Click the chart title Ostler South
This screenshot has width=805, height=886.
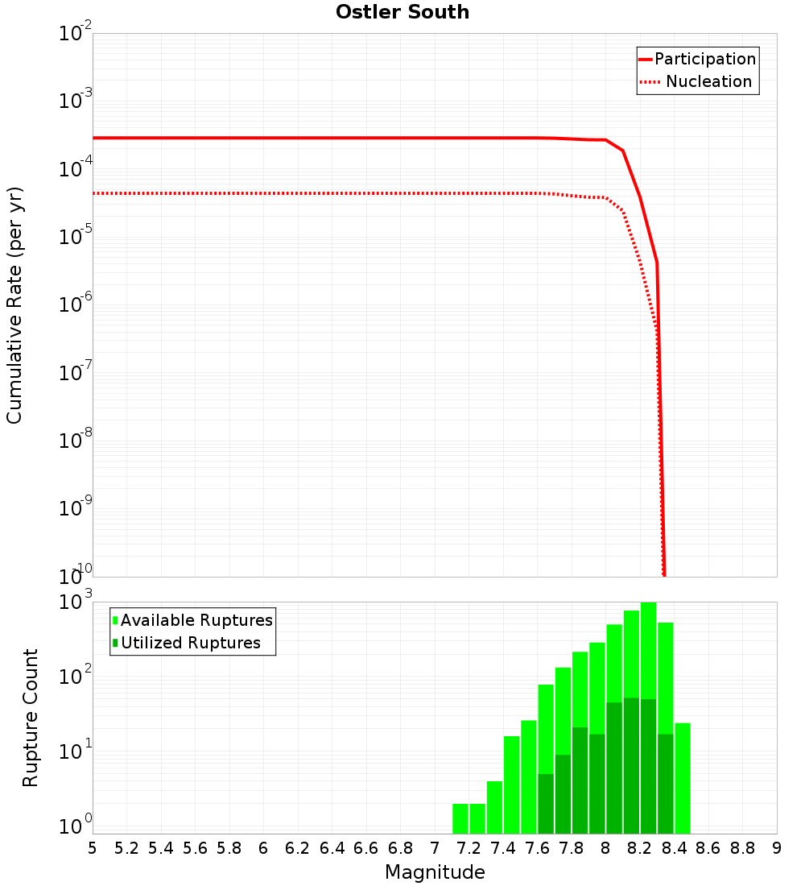tap(402, 12)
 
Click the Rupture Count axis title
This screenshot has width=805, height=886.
tap(31, 717)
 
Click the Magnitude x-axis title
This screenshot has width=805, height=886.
tap(435, 872)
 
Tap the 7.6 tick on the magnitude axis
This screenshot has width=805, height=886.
tap(537, 848)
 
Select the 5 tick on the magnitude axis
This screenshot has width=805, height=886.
tap(93, 848)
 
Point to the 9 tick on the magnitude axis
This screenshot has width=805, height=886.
tap(777, 848)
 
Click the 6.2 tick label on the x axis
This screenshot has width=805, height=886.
tap(298, 848)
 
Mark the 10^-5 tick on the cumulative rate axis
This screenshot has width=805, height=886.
tap(76, 237)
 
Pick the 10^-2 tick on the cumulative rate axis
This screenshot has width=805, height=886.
tap(76, 34)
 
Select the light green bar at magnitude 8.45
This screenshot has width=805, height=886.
tap(683, 777)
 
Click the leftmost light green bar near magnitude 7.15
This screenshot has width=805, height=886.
tap(460, 818)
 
